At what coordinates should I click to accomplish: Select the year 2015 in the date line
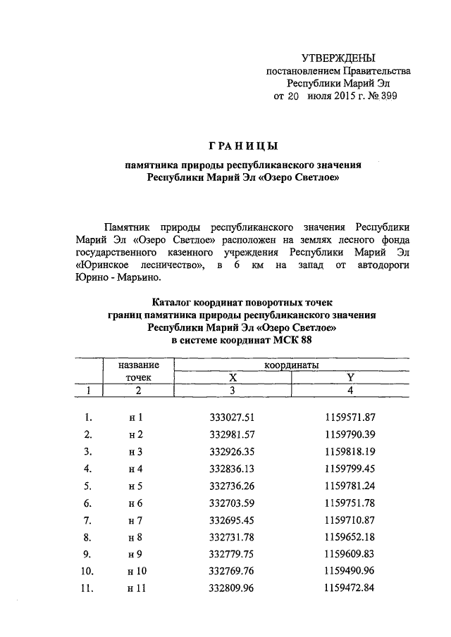pos(343,97)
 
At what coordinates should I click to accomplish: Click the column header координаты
pos(291,365)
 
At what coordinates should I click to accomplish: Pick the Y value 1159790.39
pos(350,434)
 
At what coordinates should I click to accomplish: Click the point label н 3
pos(136,451)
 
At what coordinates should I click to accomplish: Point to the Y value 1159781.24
pos(350,485)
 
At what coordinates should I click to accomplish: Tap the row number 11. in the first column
pos(88,586)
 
